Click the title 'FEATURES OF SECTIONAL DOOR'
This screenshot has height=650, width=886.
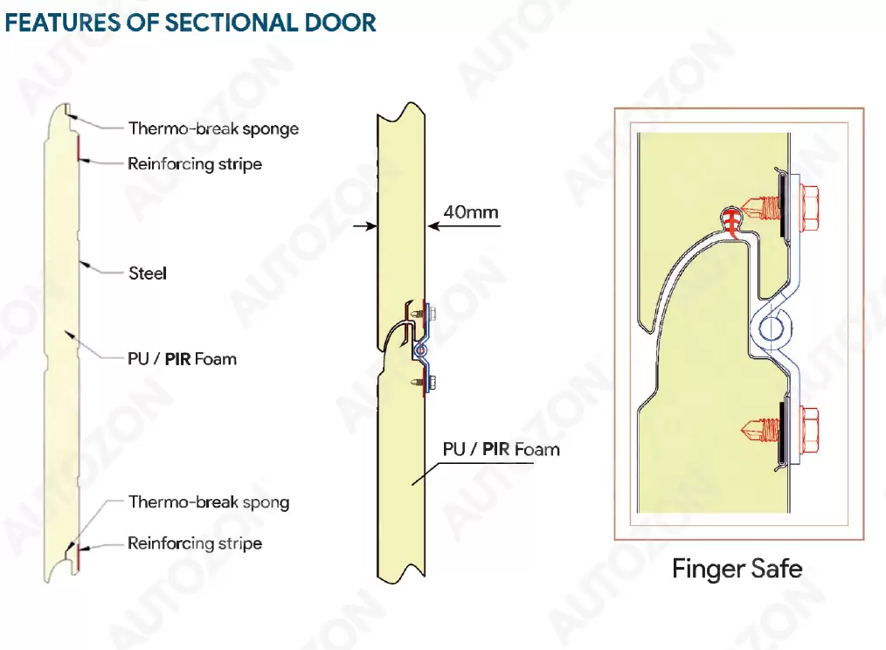click(190, 22)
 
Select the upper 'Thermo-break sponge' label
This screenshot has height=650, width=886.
click(213, 128)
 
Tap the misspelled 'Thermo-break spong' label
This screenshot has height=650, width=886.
click(208, 501)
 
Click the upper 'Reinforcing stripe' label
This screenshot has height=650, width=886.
click(194, 163)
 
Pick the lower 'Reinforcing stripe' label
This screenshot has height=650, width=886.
click(194, 543)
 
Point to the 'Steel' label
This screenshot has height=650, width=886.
click(148, 273)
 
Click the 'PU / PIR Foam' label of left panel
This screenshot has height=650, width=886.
click(182, 358)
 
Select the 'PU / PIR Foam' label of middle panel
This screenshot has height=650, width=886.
click(501, 449)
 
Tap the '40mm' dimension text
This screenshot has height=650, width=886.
click(471, 211)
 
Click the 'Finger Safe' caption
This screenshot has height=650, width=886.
click(737, 570)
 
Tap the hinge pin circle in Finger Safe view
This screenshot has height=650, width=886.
click(772, 329)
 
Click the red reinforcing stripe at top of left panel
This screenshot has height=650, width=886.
click(77, 148)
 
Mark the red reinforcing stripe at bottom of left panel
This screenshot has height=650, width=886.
click(77, 555)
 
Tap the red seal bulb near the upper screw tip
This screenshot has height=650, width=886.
click(730, 214)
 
